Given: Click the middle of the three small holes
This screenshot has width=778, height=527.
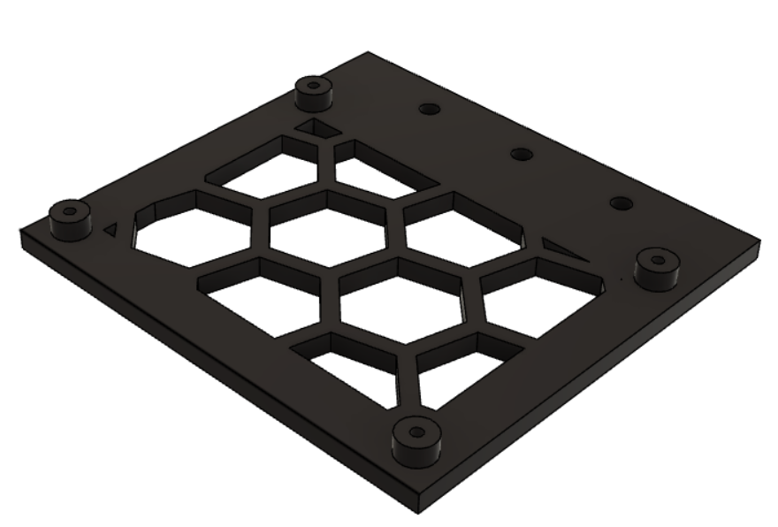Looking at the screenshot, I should pyautogui.click(x=521, y=155).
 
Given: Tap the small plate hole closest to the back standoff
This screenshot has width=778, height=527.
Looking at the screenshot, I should pyautogui.click(x=429, y=109).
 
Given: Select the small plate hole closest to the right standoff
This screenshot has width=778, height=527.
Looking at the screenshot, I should pyautogui.click(x=622, y=203).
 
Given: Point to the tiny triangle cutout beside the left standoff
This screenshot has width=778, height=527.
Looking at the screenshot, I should pyautogui.click(x=111, y=228).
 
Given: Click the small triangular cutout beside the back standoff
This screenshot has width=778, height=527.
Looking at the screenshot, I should pyautogui.click(x=315, y=131).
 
